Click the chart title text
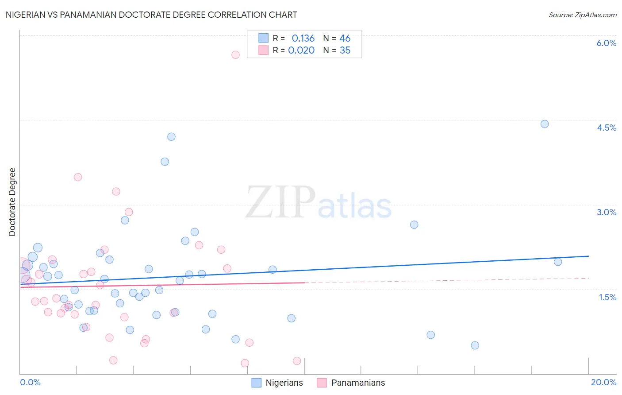click(151, 15)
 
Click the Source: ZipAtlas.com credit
click(582, 15)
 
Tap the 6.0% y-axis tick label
click(606, 43)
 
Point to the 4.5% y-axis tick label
click(606, 128)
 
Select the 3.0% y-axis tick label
click(606, 212)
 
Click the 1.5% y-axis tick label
click(607, 297)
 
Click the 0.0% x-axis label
click(30, 382)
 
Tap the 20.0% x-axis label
click(603, 382)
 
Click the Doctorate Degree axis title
click(12, 202)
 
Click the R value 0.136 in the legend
click(303, 39)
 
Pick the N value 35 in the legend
click(345, 50)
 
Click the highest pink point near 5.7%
click(235, 54)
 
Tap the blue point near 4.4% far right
click(545, 124)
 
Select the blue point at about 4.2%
click(171, 137)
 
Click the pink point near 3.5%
click(78, 177)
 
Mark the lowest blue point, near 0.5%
click(475, 345)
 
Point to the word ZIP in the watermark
click(280, 203)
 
